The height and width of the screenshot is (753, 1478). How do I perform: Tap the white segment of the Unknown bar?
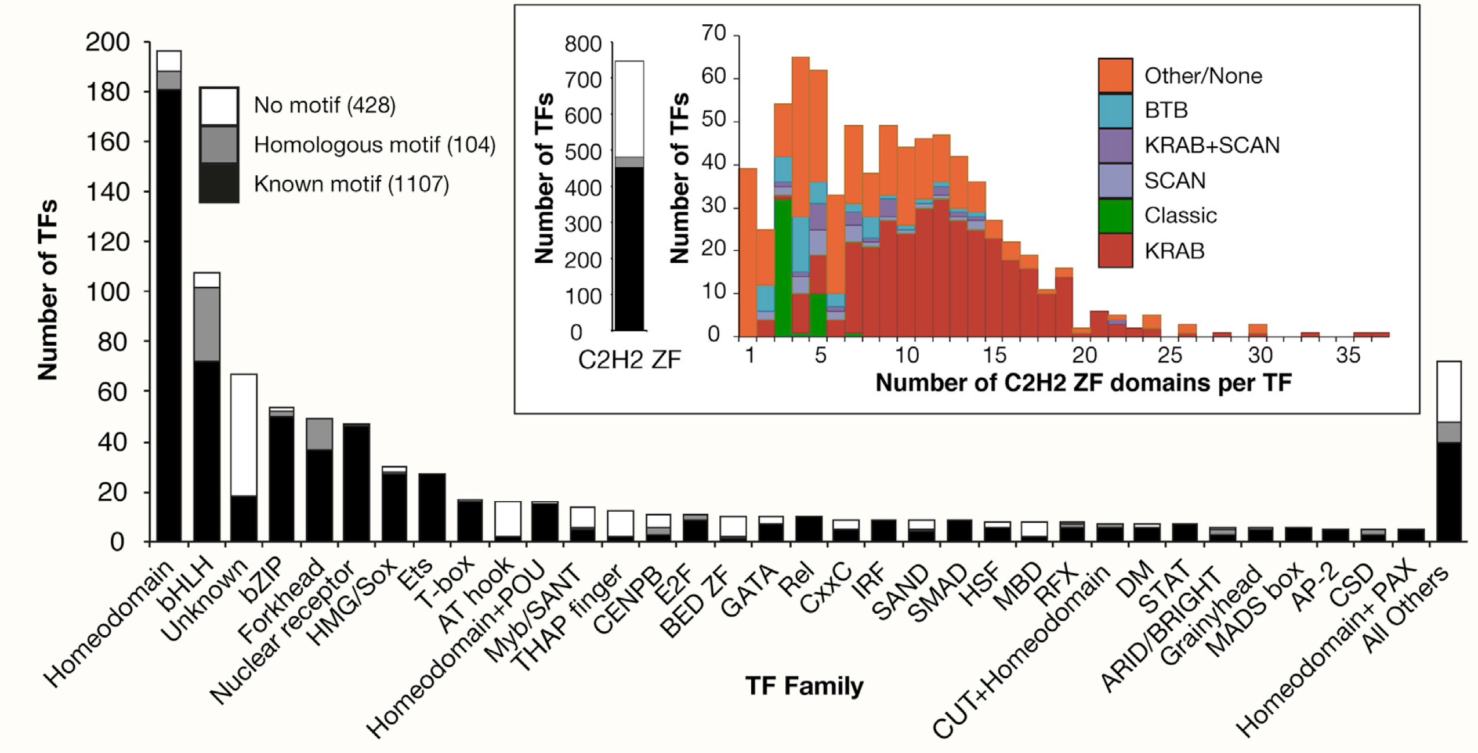pyautogui.click(x=244, y=435)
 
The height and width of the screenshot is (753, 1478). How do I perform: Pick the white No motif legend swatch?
pyautogui.click(x=219, y=106)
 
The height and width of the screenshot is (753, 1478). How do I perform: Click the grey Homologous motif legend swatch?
pyautogui.click(x=219, y=144)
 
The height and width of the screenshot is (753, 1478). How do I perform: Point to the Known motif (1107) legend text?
pyautogui.click(x=352, y=184)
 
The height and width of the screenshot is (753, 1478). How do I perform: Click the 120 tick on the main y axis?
pyautogui.click(x=108, y=242)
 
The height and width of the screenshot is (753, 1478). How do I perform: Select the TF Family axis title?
pyautogui.click(x=804, y=686)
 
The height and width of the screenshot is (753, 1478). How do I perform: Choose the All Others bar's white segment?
pyautogui.click(x=1448, y=392)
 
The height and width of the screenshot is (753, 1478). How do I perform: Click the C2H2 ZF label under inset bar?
pyautogui.click(x=629, y=360)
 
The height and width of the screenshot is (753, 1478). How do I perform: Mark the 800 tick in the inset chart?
pyautogui.click(x=582, y=44)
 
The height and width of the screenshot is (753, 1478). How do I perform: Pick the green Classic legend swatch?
pyautogui.click(x=1115, y=216)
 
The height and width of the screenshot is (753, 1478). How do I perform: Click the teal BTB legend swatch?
pyautogui.click(x=1115, y=110)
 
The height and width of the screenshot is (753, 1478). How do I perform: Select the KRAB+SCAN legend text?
pyautogui.click(x=1212, y=145)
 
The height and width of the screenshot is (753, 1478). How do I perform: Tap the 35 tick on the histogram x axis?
pyautogui.click(x=1347, y=355)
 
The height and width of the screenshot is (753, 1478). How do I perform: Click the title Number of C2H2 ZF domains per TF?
pyautogui.click(x=1083, y=383)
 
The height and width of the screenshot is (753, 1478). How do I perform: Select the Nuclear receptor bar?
pyautogui.click(x=356, y=483)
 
